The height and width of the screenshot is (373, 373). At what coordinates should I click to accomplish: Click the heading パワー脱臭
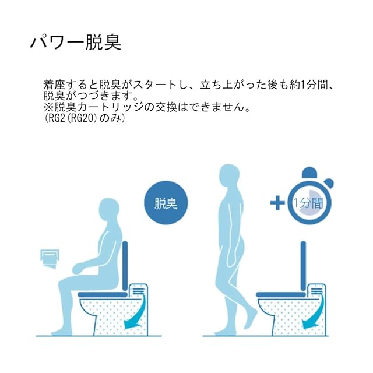click(76, 42)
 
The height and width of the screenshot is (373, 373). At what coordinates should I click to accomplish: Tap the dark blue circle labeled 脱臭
click(166, 203)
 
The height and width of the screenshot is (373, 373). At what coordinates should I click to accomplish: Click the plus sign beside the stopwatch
click(277, 203)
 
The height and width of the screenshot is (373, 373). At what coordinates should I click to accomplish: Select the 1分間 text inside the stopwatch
click(308, 203)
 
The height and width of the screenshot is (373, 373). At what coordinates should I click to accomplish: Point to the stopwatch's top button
click(309, 173)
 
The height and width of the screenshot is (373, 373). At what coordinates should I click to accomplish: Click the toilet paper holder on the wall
click(50, 259)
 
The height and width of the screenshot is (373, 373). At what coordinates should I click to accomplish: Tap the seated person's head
click(108, 210)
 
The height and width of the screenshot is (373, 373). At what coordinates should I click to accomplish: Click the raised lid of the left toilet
click(125, 266)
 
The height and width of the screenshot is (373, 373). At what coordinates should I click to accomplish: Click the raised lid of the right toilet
click(303, 266)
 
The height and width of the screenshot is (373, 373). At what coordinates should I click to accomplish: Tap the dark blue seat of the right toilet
click(281, 295)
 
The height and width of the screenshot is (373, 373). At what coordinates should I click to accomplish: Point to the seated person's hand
click(78, 269)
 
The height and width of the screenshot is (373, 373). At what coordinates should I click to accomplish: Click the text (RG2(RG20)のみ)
click(85, 118)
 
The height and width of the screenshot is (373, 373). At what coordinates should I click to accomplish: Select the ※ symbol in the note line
click(48, 107)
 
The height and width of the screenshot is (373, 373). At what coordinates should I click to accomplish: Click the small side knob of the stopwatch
click(329, 183)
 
